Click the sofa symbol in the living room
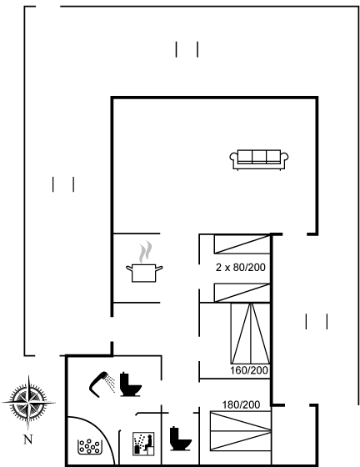click(259, 159)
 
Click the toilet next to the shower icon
click(131, 384)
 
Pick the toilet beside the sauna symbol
click(181, 439)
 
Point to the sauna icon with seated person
click(143, 444)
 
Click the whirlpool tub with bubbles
click(88, 447)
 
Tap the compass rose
click(28, 402)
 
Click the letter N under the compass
click(28, 439)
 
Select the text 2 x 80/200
click(240, 268)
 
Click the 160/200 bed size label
click(249, 370)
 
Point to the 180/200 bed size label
click(241, 404)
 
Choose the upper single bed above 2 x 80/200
click(242, 244)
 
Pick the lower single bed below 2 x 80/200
click(242, 293)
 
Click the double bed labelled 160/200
click(251, 334)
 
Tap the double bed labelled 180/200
click(240, 431)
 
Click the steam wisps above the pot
click(145, 252)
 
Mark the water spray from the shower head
click(111, 384)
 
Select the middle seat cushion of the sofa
click(259, 157)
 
